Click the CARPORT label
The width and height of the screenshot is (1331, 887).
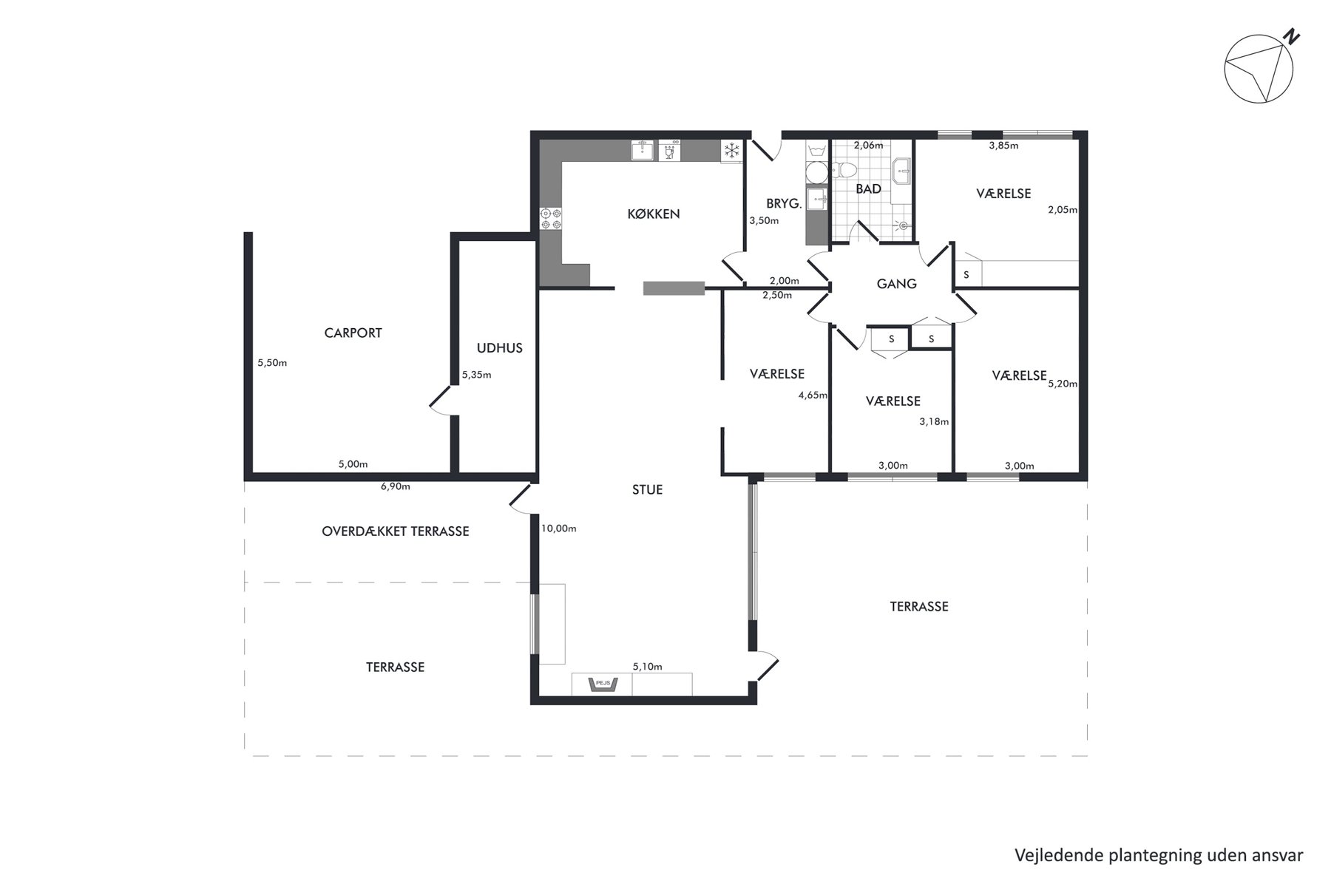[x=353, y=333]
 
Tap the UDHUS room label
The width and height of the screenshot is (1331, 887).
[x=500, y=348]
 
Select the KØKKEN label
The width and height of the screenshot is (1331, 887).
[x=654, y=214]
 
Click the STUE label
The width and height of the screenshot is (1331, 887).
[x=647, y=489]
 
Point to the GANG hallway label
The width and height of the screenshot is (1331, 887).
[x=896, y=283]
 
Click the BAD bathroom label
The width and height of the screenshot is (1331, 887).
[x=868, y=189]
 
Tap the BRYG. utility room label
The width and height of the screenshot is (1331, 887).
[x=784, y=204]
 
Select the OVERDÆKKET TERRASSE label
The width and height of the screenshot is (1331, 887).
[x=396, y=531]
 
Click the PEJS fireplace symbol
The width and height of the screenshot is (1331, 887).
[x=603, y=684]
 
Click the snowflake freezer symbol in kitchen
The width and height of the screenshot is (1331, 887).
[x=731, y=152]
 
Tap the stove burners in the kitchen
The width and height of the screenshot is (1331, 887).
[x=551, y=218]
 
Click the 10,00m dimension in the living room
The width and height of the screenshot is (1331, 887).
[x=559, y=529]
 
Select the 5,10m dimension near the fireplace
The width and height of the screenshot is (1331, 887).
[x=647, y=667]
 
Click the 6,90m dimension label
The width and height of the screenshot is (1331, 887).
[x=395, y=486]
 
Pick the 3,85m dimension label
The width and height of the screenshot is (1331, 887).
[x=1003, y=146]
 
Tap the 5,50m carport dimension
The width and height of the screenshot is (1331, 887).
[x=272, y=363]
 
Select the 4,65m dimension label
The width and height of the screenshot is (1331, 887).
[x=813, y=395]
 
